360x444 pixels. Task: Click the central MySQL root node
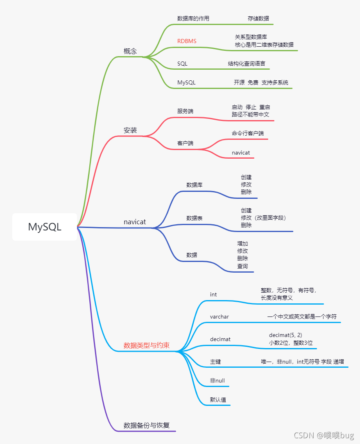45,227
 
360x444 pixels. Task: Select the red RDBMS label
187,41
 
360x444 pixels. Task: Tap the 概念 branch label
130,51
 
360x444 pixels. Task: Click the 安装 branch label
130,130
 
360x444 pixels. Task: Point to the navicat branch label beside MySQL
135,222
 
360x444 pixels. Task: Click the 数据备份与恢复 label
147,425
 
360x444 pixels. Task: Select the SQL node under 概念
182,64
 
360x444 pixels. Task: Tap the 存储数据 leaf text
258,18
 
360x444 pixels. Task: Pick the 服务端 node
185,111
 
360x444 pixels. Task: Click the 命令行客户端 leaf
248,133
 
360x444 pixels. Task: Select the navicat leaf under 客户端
241,153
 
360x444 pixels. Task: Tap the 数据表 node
195,218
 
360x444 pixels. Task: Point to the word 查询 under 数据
242,266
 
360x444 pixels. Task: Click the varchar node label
220,316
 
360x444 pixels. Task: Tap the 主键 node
215,362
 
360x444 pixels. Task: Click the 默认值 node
218,400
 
